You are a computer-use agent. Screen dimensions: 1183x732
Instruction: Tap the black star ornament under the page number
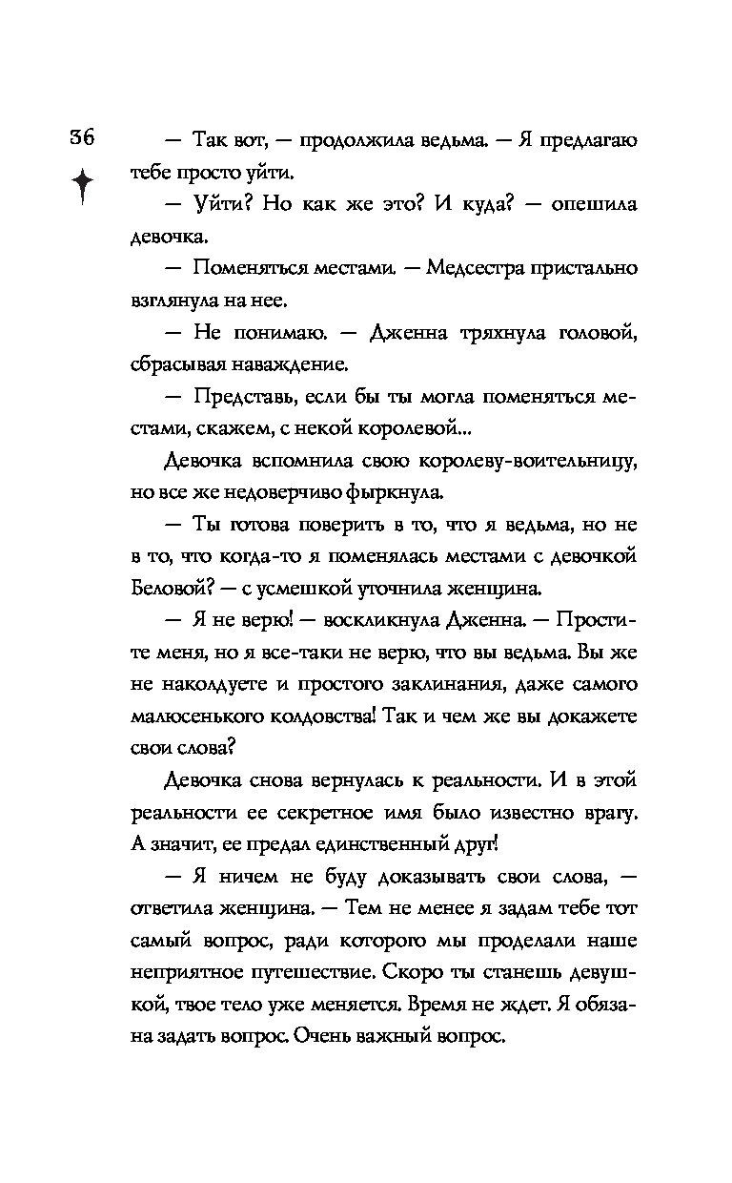83,185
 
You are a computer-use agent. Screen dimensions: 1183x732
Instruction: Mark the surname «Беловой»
167,589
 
